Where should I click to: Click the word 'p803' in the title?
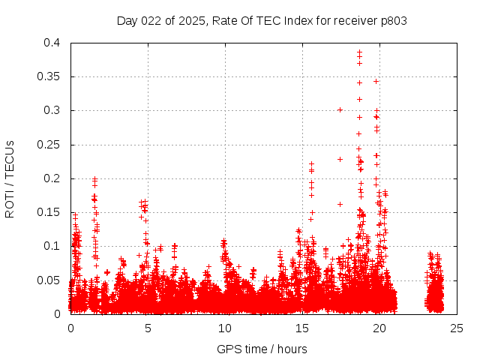tap(392, 20)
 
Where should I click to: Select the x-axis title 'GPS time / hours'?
tap(262, 349)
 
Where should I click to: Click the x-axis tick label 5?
tap(148, 328)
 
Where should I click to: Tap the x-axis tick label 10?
tap(225, 328)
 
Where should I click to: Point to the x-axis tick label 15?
tap(302, 328)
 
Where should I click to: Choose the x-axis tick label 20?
tap(379, 328)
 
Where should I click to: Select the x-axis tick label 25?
tap(457, 328)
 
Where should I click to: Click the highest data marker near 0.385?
tap(359, 52)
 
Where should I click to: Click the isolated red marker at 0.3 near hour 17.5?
tap(340, 109)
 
